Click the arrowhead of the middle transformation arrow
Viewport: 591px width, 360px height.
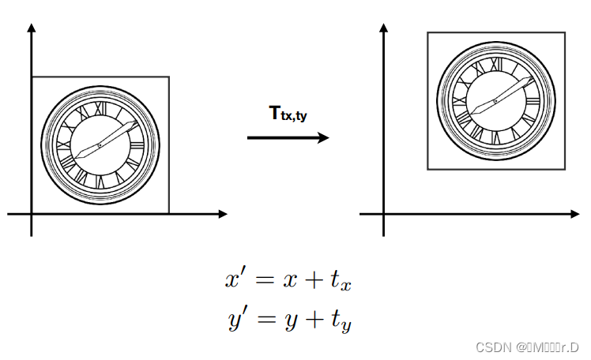pyautogui.click(x=323, y=137)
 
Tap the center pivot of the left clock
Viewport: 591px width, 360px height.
pyautogui.click(x=100, y=144)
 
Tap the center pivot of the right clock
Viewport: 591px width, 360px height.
pyautogui.click(x=495, y=100)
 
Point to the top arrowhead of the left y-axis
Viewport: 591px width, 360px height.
pyautogui.click(x=32, y=28)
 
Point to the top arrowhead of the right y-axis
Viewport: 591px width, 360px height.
pyautogui.click(x=384, y=28)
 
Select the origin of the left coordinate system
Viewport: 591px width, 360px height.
pyautogui.click(x=32, y=213)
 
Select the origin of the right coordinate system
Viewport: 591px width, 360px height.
pyautogui.click(x=384, y=213)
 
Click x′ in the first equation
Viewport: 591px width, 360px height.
pyautogui.click(x=235, y=279)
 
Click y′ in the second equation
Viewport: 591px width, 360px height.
pyautogui.click(x=235, y=321)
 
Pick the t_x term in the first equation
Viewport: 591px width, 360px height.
pyautogui.click(x=341, y=282)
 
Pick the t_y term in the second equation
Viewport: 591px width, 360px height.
pyautogui.click(x=341, y=322)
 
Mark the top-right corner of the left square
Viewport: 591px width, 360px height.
pyautogui.click(x=169, y=77)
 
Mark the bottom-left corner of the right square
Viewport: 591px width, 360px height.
pyautogui.click(x=427, y=169)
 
